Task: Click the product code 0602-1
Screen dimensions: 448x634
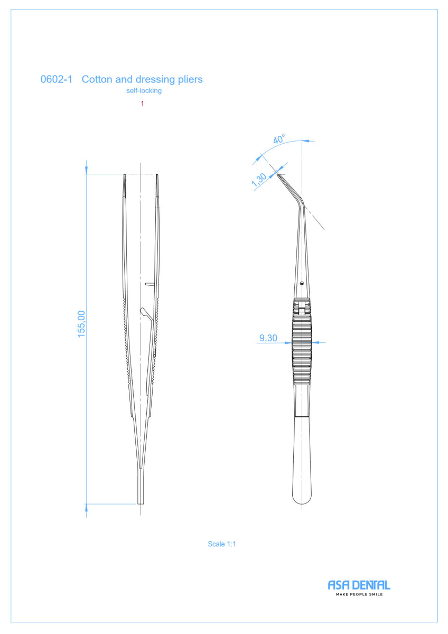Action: click(57, 79)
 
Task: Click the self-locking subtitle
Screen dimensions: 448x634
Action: click(144, 90)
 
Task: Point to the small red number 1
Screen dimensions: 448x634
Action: click(142, 104)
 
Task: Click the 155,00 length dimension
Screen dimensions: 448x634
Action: click(81, 324)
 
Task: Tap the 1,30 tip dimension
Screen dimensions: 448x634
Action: click(259, 180)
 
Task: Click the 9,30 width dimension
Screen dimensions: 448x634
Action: click(268, 338)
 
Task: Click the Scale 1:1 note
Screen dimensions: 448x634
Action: click(221, 544)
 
